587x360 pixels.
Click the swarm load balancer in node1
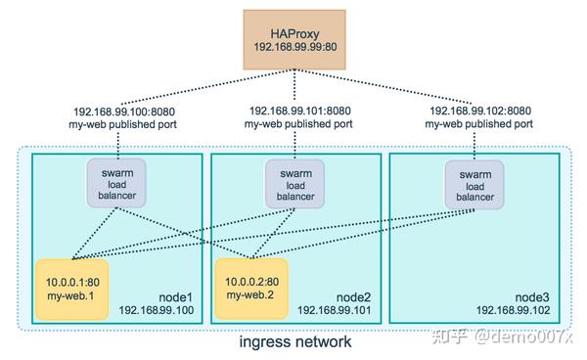coord(117,183)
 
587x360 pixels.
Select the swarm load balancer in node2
coord(294,183)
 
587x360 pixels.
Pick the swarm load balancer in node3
coord(474,183)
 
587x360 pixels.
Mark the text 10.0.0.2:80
coord(251,280)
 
